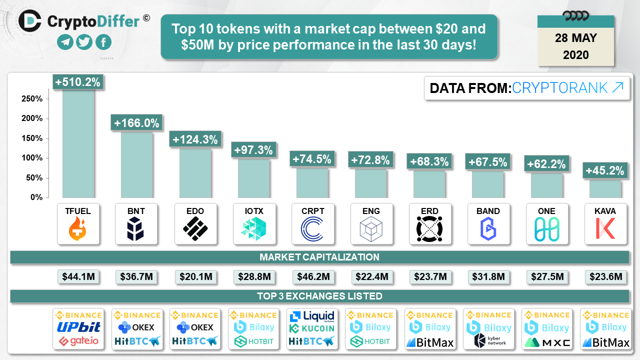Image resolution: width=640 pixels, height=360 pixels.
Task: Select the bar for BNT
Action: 136,165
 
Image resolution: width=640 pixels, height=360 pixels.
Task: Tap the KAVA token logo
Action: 605,229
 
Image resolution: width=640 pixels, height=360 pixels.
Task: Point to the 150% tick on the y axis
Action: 32,138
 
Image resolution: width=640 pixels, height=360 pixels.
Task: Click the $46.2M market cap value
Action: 312,276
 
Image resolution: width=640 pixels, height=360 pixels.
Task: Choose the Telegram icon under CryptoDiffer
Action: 65,42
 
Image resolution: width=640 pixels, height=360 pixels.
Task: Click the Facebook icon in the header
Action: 103,42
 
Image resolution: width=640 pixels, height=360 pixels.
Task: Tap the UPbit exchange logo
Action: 78,327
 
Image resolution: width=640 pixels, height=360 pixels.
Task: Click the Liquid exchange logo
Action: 312,315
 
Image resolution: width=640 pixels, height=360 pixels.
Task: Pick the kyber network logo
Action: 488,340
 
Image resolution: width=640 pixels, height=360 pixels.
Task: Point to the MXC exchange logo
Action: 546,342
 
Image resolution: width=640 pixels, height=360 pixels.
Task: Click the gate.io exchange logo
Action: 78,341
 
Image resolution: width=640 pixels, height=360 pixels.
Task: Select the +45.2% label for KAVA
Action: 605,171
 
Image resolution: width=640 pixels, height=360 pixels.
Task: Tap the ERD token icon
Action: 429,229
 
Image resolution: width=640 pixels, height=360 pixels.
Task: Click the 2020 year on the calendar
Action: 576,54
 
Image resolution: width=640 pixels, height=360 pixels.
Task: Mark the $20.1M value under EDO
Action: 195,276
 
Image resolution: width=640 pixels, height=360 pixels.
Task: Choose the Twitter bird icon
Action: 84,42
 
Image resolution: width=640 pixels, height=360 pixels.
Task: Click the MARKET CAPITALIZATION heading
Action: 319,257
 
